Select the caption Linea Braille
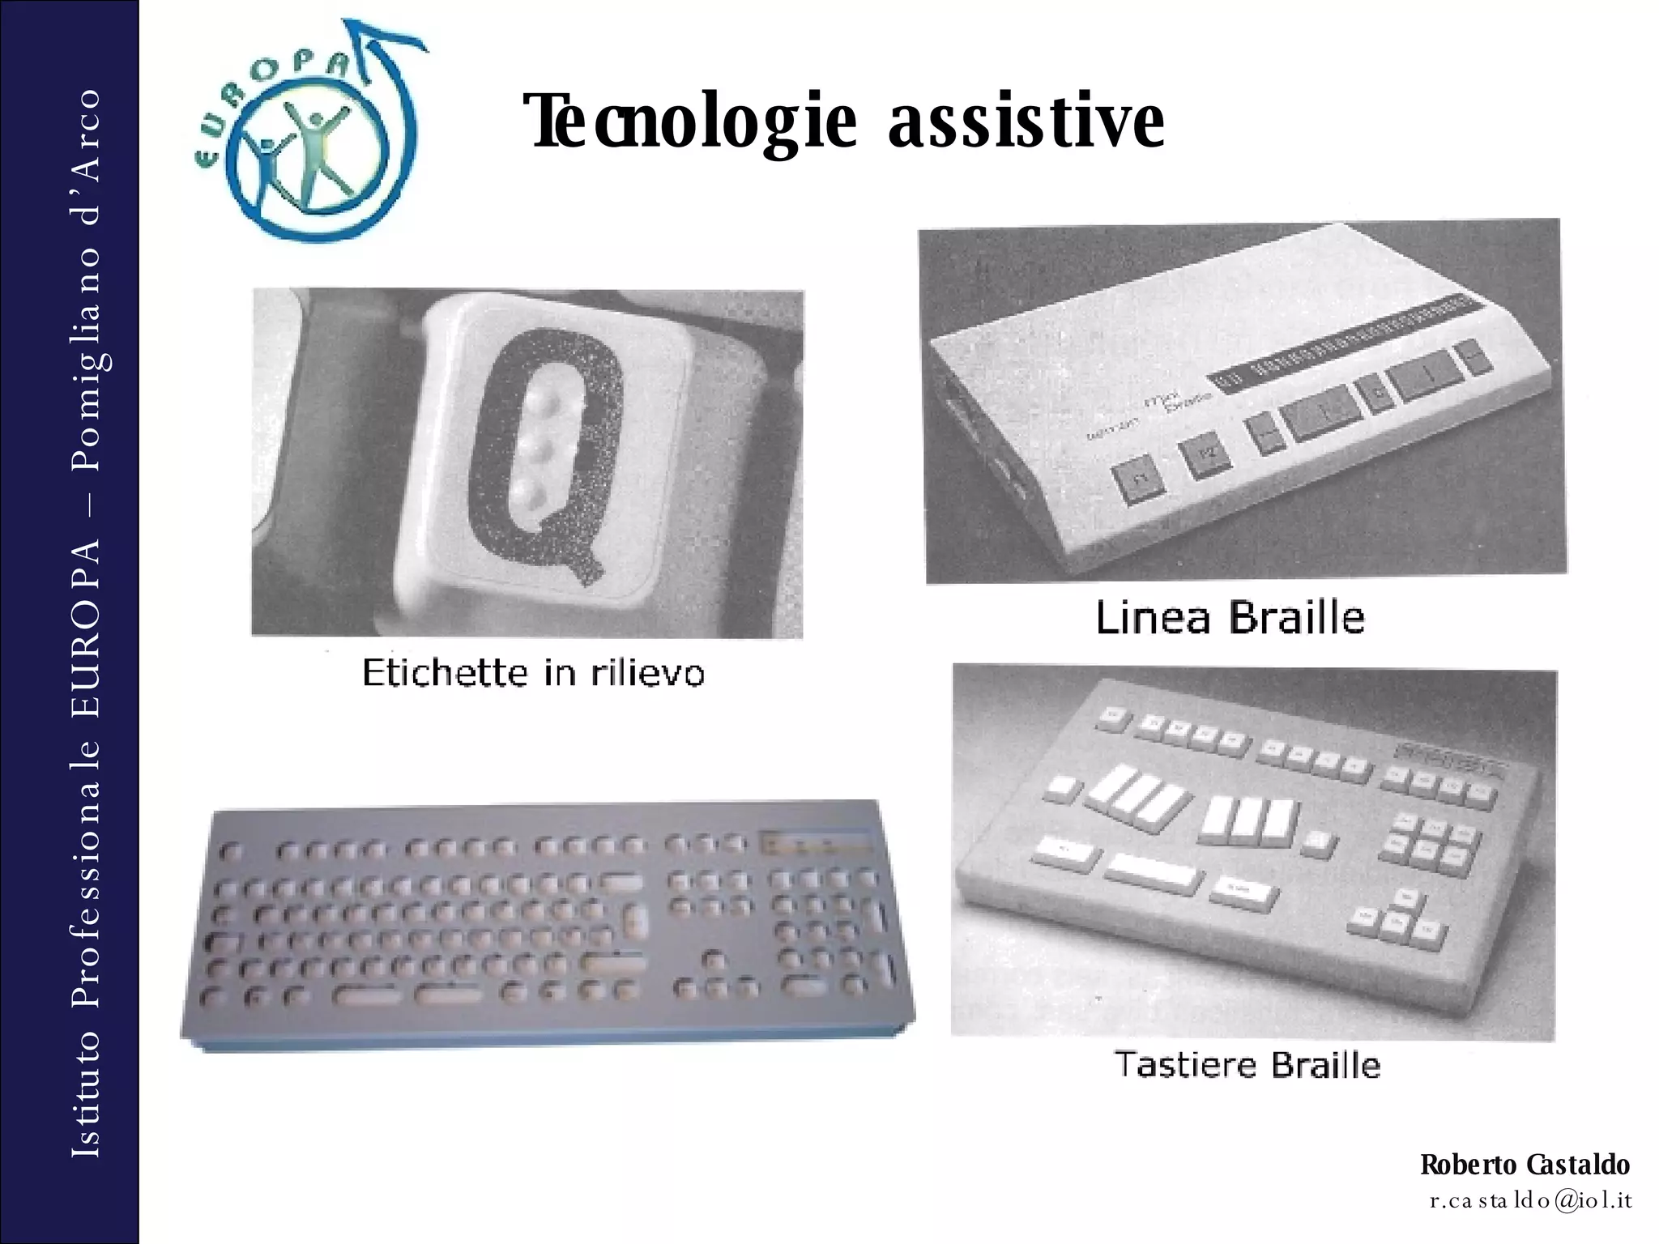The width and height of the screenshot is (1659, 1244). click(1230, 618)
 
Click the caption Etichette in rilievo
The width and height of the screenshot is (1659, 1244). click(533, 673)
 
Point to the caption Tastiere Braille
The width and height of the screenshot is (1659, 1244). click(1247, 1064)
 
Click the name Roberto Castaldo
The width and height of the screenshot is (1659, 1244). click(1525, 1165)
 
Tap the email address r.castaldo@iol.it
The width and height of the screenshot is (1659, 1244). click(1530, 1200)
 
